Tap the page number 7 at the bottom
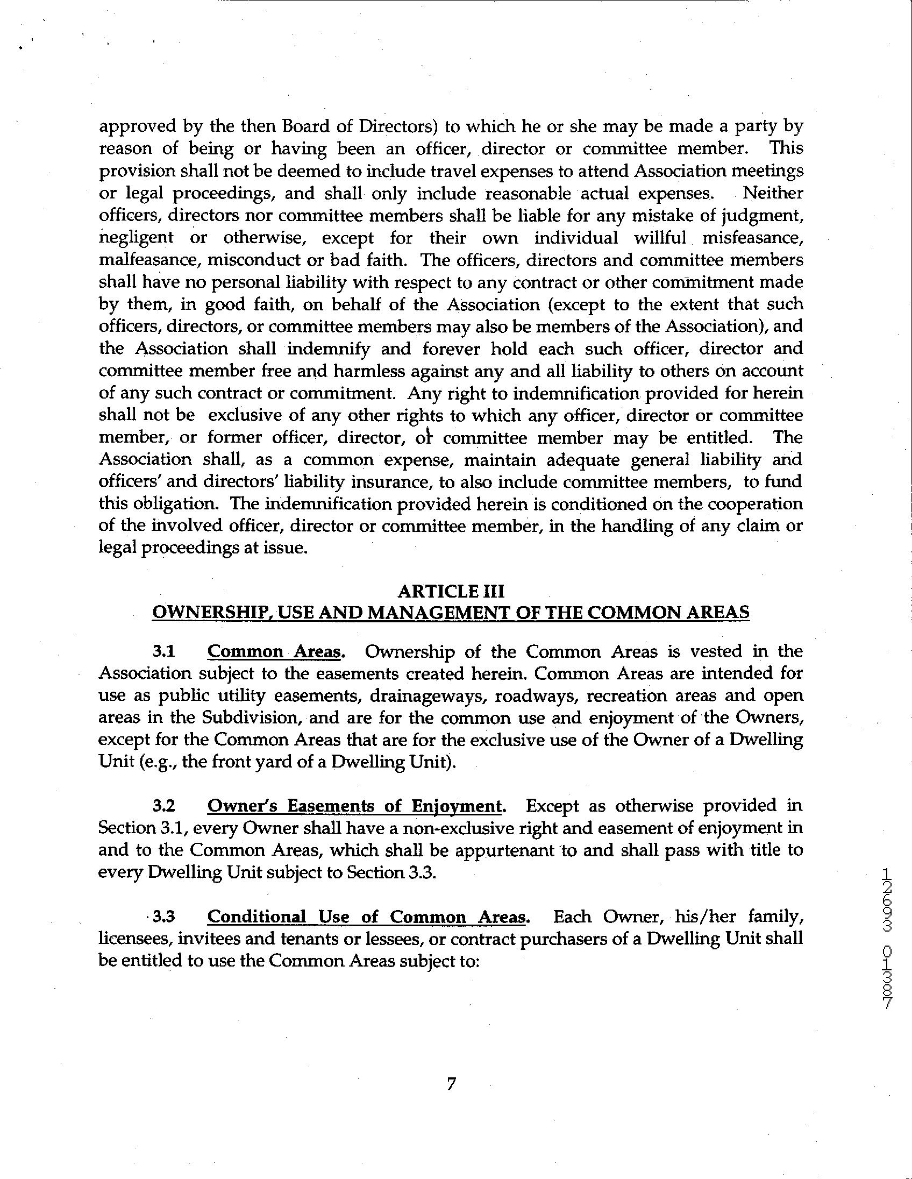click(x=452, y=1083)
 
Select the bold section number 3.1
click(x=164, y=651)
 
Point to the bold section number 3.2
click(x=164, y=806)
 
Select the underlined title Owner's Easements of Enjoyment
click(x=355, y=806)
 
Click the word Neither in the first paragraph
click(x=773, y=193)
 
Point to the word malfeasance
click(x=147, y=260)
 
